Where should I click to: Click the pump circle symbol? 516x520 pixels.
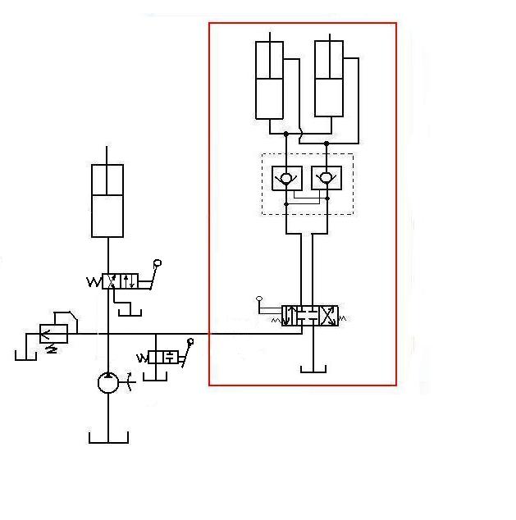coord(108,382)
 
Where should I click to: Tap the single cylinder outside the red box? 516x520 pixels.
coord(107,201)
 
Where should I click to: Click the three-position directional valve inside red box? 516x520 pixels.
coord(310,316)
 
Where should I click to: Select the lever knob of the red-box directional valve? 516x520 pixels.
coord(259,299)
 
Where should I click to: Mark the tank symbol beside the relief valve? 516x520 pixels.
coord(25,355)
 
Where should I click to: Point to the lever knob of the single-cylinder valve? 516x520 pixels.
coord(158,263)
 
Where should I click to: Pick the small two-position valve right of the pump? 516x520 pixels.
coord(164,358)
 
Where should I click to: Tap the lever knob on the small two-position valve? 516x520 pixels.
coord(191,341)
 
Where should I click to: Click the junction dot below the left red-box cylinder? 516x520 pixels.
coord(285,134)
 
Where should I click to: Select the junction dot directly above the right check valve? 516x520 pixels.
coord(326,144)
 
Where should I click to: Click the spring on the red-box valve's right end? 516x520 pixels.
coord(343,316)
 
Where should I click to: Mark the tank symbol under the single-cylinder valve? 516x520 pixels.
coord(128,312)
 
